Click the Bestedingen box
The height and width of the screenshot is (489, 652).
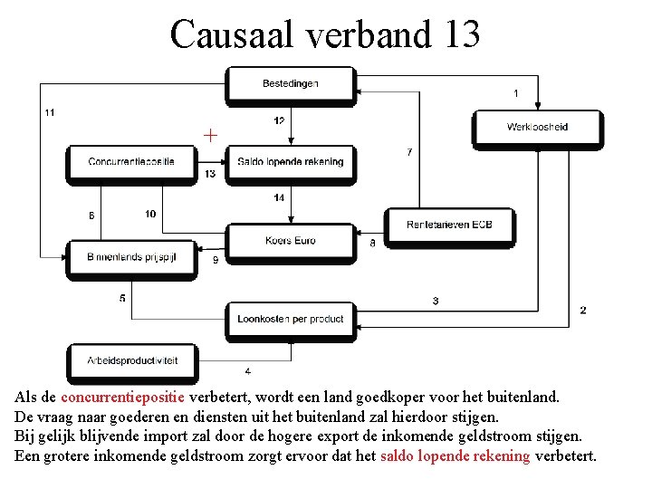290,84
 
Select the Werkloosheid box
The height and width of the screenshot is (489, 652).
537,128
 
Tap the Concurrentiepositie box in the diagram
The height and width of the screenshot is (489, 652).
131,162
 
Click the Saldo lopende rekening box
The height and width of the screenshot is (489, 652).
290,162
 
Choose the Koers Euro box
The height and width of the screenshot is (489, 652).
290,241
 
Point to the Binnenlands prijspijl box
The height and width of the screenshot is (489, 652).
131,257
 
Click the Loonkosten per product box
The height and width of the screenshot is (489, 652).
290,319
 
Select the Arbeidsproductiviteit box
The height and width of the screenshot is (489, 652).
132,360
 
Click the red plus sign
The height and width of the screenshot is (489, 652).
210,136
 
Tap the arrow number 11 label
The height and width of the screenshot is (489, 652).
49,112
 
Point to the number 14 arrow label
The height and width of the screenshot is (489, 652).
278,197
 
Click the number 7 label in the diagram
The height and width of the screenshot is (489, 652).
409,152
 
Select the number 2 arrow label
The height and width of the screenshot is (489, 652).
582,311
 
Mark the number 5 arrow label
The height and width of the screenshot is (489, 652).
122,298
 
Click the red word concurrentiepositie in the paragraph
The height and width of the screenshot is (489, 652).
122,397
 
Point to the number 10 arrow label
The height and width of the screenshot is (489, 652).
149,214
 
